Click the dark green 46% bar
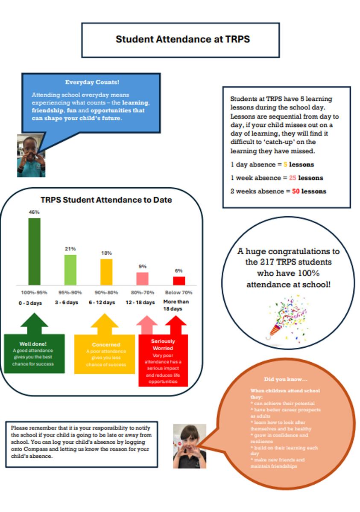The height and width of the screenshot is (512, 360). (x=34, y=252)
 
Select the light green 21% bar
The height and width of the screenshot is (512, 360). (x=70, y=270)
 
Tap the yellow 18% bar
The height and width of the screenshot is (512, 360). (x=106, y=272)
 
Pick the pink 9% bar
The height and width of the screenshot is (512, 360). (x=142, y=279)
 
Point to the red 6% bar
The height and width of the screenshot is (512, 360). (x=179, y=281)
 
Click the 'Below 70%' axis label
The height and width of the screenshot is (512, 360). (x=179, y=293)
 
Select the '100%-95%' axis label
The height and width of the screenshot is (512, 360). (x=34, y=293)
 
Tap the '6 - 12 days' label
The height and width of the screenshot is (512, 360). (x=102, y=303)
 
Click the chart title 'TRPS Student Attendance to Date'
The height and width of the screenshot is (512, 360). (x=106, y=200)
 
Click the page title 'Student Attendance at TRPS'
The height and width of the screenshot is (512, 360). (x=182, y=39)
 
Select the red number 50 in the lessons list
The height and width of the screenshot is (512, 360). (x=296, y=191)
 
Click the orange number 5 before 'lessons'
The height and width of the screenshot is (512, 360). (x=285, y=164)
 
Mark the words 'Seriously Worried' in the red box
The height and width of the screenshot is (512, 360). (x=163, y=345)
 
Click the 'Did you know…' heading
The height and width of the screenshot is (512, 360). (x=286, y=379)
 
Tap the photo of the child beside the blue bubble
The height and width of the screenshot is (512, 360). (x=31, y=155)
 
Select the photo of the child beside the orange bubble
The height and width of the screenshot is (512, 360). (x=190, y=446)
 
